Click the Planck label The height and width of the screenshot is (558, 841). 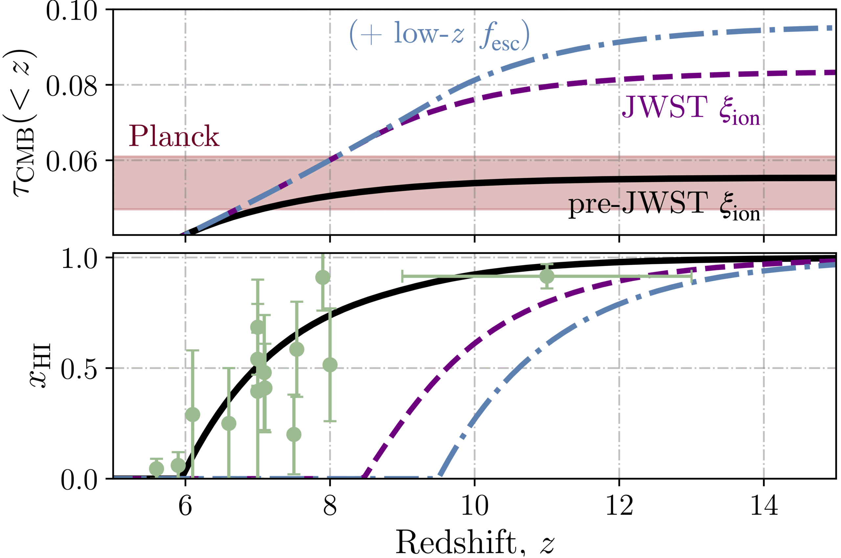[x=174, y=136]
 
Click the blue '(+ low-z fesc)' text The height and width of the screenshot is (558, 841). [x=439, y=35]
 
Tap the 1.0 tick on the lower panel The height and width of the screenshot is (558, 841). [x=79, y=259]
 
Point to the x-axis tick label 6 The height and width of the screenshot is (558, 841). [x=185, y=506]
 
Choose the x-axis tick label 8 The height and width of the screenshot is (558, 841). [x=330, y=506]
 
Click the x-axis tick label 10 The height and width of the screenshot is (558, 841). [x=474, y=506]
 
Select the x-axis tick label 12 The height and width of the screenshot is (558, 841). [x=619, y=506]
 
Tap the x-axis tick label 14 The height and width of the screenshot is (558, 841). [x=764, y=506]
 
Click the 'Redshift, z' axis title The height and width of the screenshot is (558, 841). [x=474, y=542]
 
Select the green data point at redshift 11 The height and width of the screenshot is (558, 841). [x=547, y=276]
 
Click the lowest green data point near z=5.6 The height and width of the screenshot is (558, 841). [x=157, y=469]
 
